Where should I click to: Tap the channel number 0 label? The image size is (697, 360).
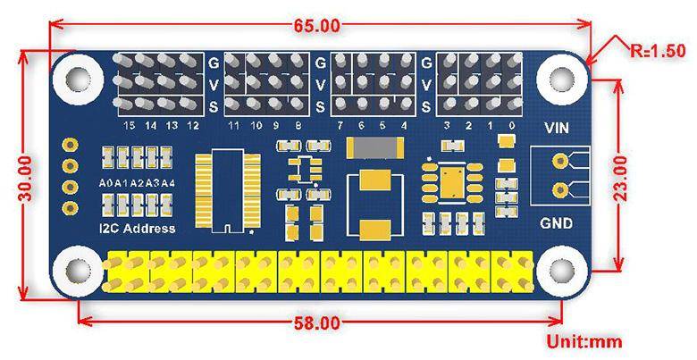[x=511, y=126]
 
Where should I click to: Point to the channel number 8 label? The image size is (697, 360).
[x=298, y=126]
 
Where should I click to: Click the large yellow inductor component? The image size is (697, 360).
[x=375, y=201]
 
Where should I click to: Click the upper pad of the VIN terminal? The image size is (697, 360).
[x=560, y=162]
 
